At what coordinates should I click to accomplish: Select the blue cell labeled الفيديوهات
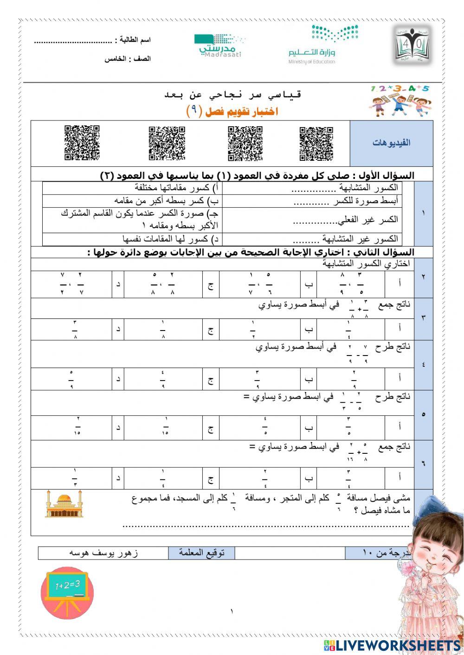pyautogui.click(x=391, y=143)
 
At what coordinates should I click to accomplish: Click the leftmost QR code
pyautogui.click(x=82, y=143)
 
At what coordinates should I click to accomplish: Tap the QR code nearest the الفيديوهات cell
pyautogui.click(x=316, y=143)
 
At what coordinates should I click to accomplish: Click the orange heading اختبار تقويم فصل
pyautogui.click(x=232, y=111)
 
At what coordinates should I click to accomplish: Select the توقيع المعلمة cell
pyautogui.click(x=202, y=553)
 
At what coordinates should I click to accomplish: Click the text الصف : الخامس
pyautogui.click(x=128, y=59)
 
